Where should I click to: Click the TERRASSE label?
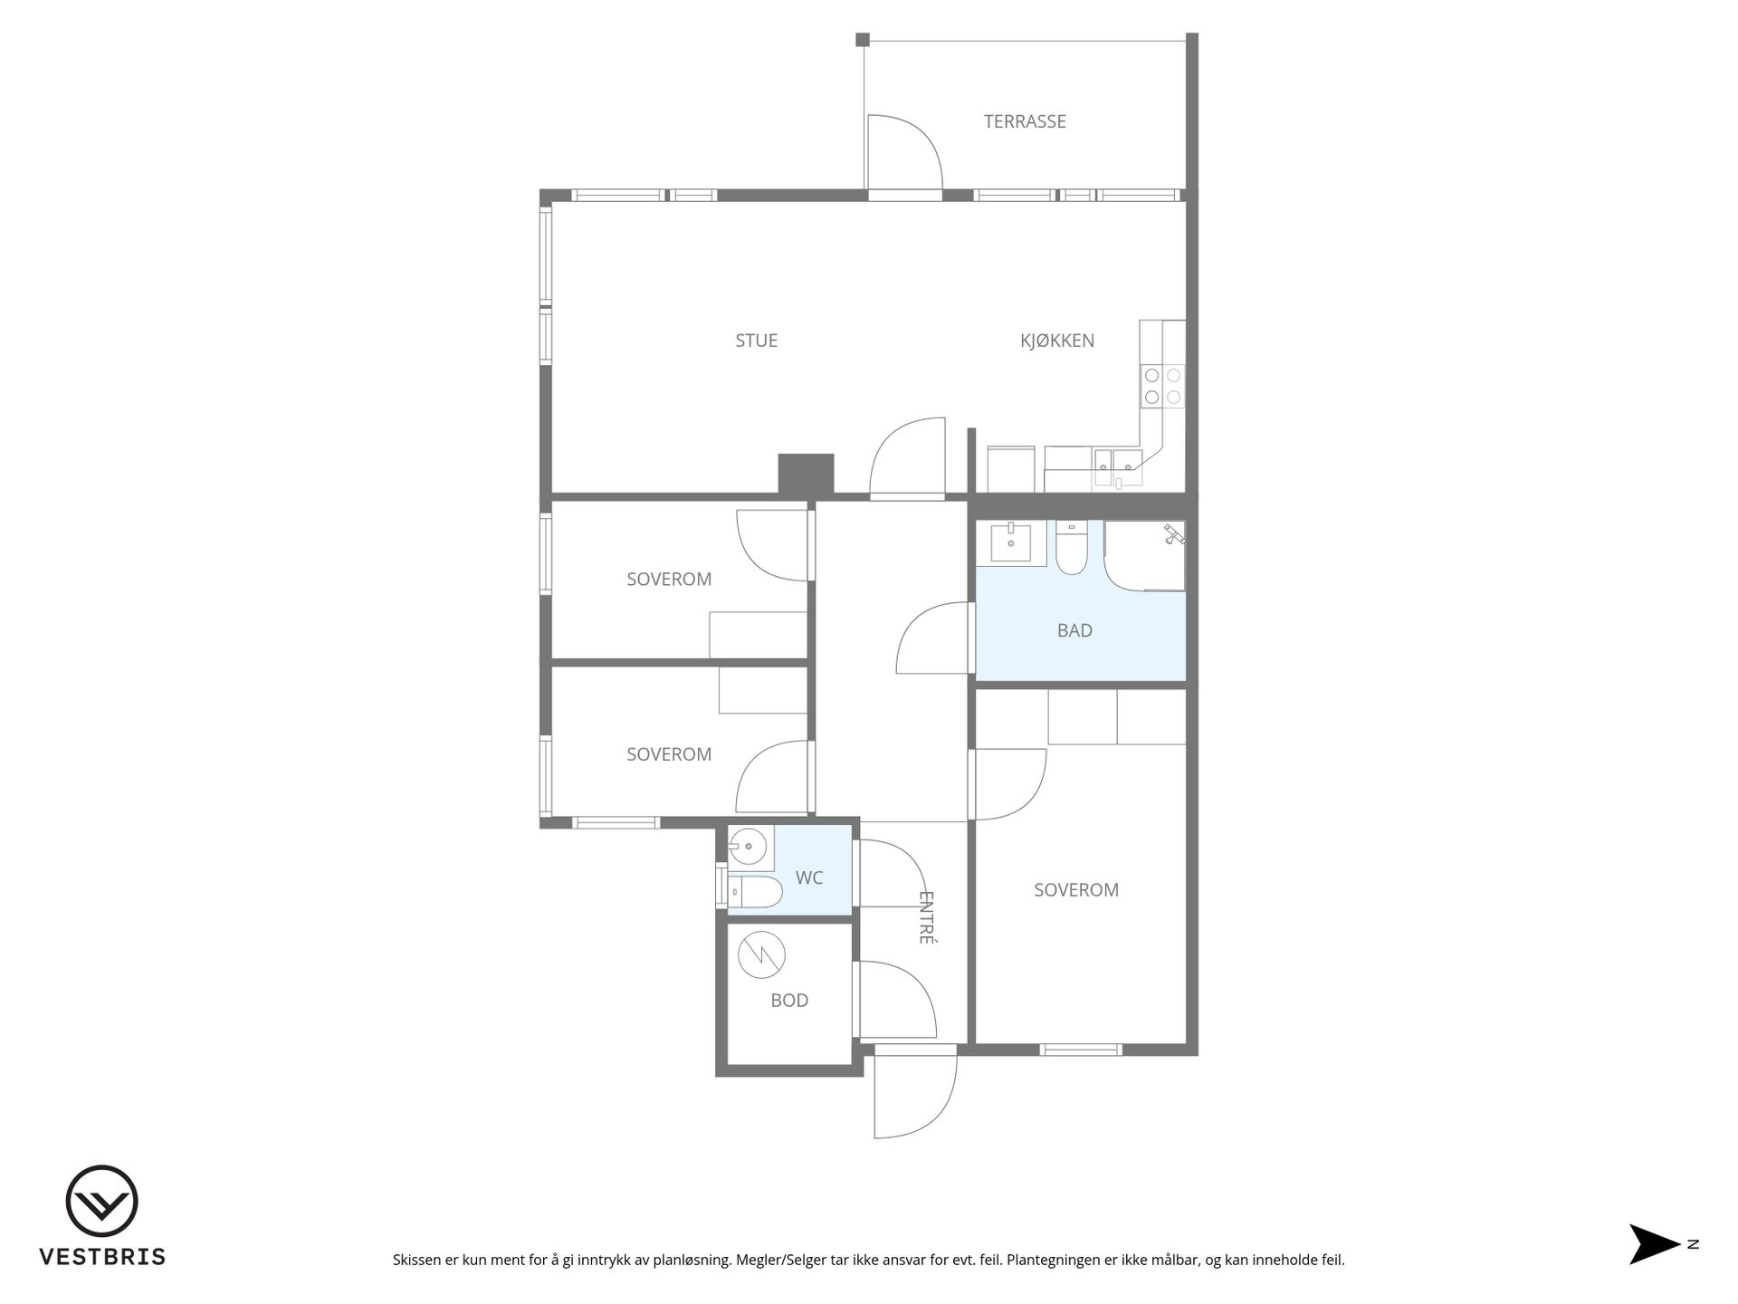tap(1025, 121)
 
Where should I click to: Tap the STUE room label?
tap(756, 340)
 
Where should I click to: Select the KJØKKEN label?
tap(1057, 340)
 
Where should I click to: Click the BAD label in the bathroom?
tap(1074, 630)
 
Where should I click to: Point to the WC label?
tap(809, 877)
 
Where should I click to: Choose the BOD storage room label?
tap(789, 1001)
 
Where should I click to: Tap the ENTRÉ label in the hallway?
tap(926, 917)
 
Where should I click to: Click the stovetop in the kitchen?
tap(1162, 386)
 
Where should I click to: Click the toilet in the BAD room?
tap(1072, 547)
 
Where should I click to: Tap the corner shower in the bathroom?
tap(1144, 555)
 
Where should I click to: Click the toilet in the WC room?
tap(754, 892)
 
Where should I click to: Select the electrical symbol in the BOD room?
tap(761, 954)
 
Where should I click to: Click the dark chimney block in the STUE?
tap(806, 475)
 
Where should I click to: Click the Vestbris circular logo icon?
tap(102, 1201)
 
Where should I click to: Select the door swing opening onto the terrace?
tap(904, 152)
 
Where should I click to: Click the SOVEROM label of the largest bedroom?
tap(1076, 890)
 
